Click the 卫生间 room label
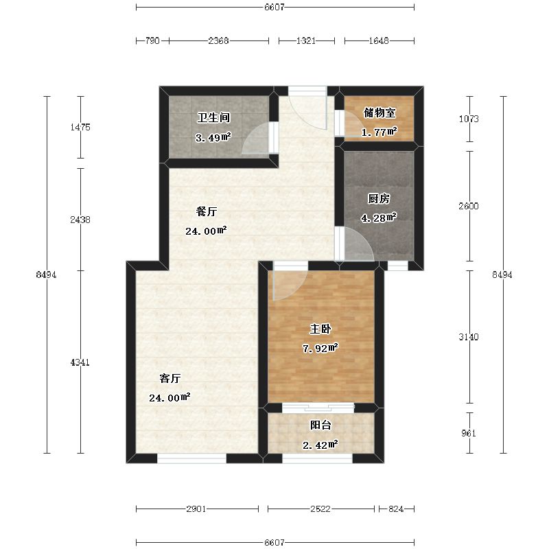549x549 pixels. tap(209, 117)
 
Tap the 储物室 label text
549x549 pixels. tap(379, 112)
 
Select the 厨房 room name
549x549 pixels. tap(378, 199)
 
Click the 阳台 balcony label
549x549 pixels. tap(320, 425)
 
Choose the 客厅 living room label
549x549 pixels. tap(170, 378)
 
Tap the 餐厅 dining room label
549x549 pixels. tap(207, 211)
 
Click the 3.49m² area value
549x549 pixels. tap(213, 137)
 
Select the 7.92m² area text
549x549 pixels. tap(320, 349)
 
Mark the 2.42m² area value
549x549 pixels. tap(320, 445)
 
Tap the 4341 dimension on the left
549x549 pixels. tap(80, 362)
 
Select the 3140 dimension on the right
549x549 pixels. tap(469, 337)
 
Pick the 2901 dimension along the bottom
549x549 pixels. tap(196, 509)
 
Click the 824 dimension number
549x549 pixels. tap(396, 509)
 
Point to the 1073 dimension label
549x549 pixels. tap(469, 119)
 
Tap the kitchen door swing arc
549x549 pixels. tap(357, 246)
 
